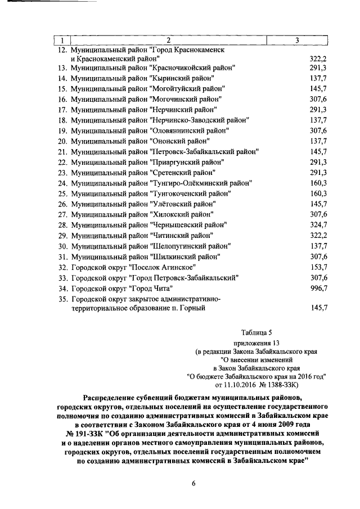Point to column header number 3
[297, 40]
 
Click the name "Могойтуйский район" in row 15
[187, 89]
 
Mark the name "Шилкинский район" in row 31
[183, 256]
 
